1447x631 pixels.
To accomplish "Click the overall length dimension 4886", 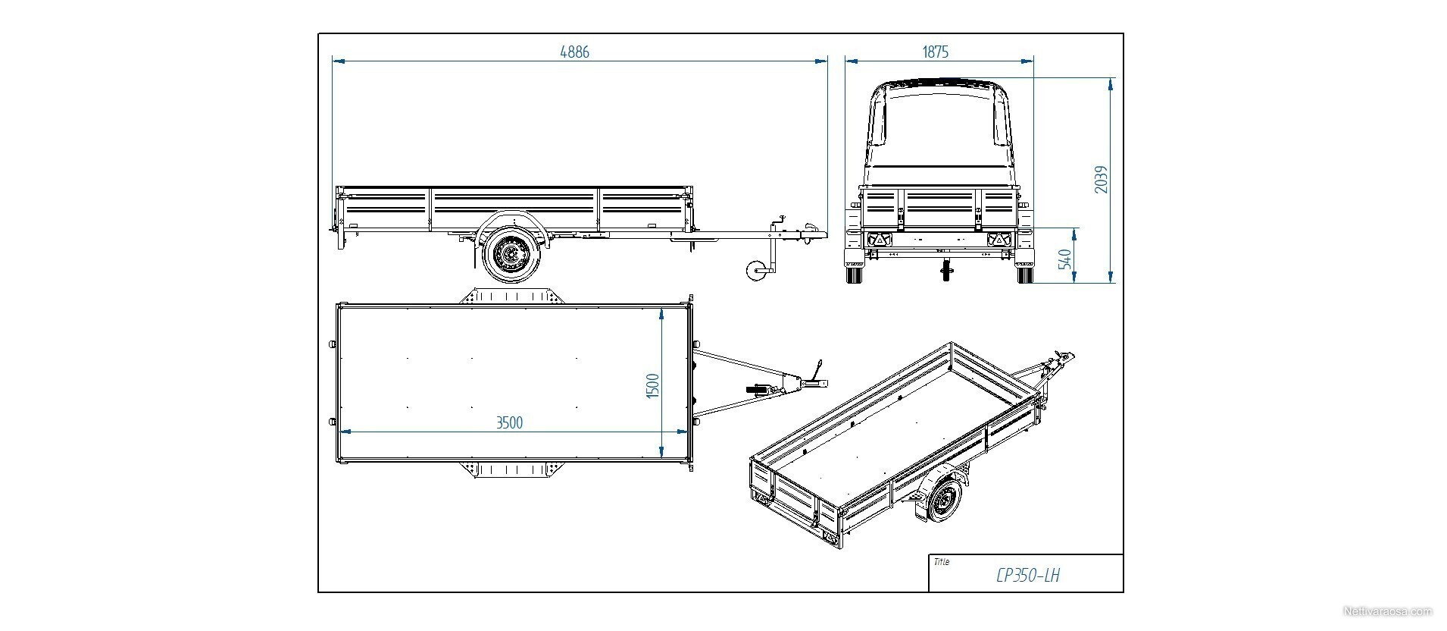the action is pos(574,52).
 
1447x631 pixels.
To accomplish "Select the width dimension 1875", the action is pos(936,52).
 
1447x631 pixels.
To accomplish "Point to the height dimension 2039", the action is pos(1102,180).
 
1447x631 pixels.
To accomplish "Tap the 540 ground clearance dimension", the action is pos(1065,259).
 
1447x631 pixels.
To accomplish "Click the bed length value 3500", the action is pos(509,422).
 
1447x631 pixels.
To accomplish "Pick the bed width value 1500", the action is pos(653,386).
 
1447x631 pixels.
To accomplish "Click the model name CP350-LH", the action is pos(1028,576).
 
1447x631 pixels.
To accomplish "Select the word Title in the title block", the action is pos(942,562).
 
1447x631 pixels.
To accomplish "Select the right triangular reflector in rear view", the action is pos(999,240).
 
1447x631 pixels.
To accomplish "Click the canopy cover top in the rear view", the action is pos(939,83).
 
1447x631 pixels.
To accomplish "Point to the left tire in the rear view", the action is pos(855,274).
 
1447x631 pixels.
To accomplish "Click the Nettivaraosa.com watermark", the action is pos(1387,611).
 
